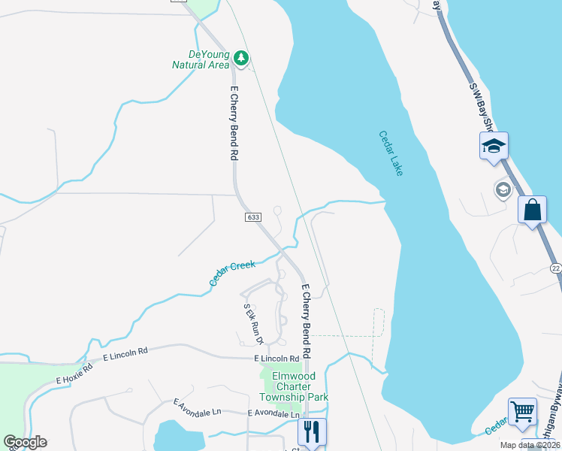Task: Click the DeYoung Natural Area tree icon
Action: [240, 57]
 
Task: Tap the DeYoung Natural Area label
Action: [201, 59]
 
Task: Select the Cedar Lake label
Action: [391, 154]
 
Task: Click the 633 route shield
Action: [253, 217]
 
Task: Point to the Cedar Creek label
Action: [232, 273]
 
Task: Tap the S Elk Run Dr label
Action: [253, 324]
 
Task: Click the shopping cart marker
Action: [522, 411]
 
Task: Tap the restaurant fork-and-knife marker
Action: [312, 431]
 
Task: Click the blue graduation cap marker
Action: [494, 145]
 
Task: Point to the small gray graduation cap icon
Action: [503, 189]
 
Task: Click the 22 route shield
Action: [555, 268]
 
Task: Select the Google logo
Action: [25, 442]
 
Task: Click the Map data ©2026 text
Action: [530, 445]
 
